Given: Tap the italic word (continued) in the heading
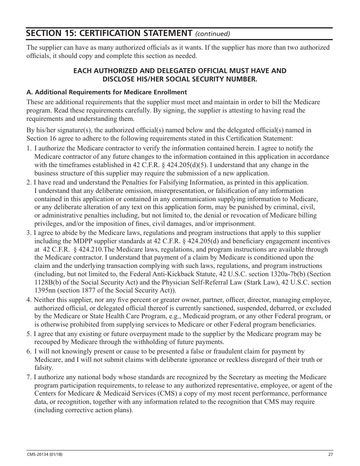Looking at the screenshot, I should click(212, 34).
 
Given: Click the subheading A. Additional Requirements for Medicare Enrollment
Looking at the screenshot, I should click(106, 92).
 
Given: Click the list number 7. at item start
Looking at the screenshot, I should click(29, 377).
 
